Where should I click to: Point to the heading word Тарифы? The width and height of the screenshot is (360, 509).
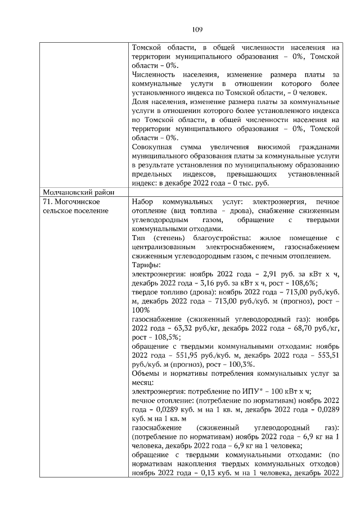145,264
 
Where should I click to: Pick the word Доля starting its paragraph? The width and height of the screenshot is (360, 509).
140,102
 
